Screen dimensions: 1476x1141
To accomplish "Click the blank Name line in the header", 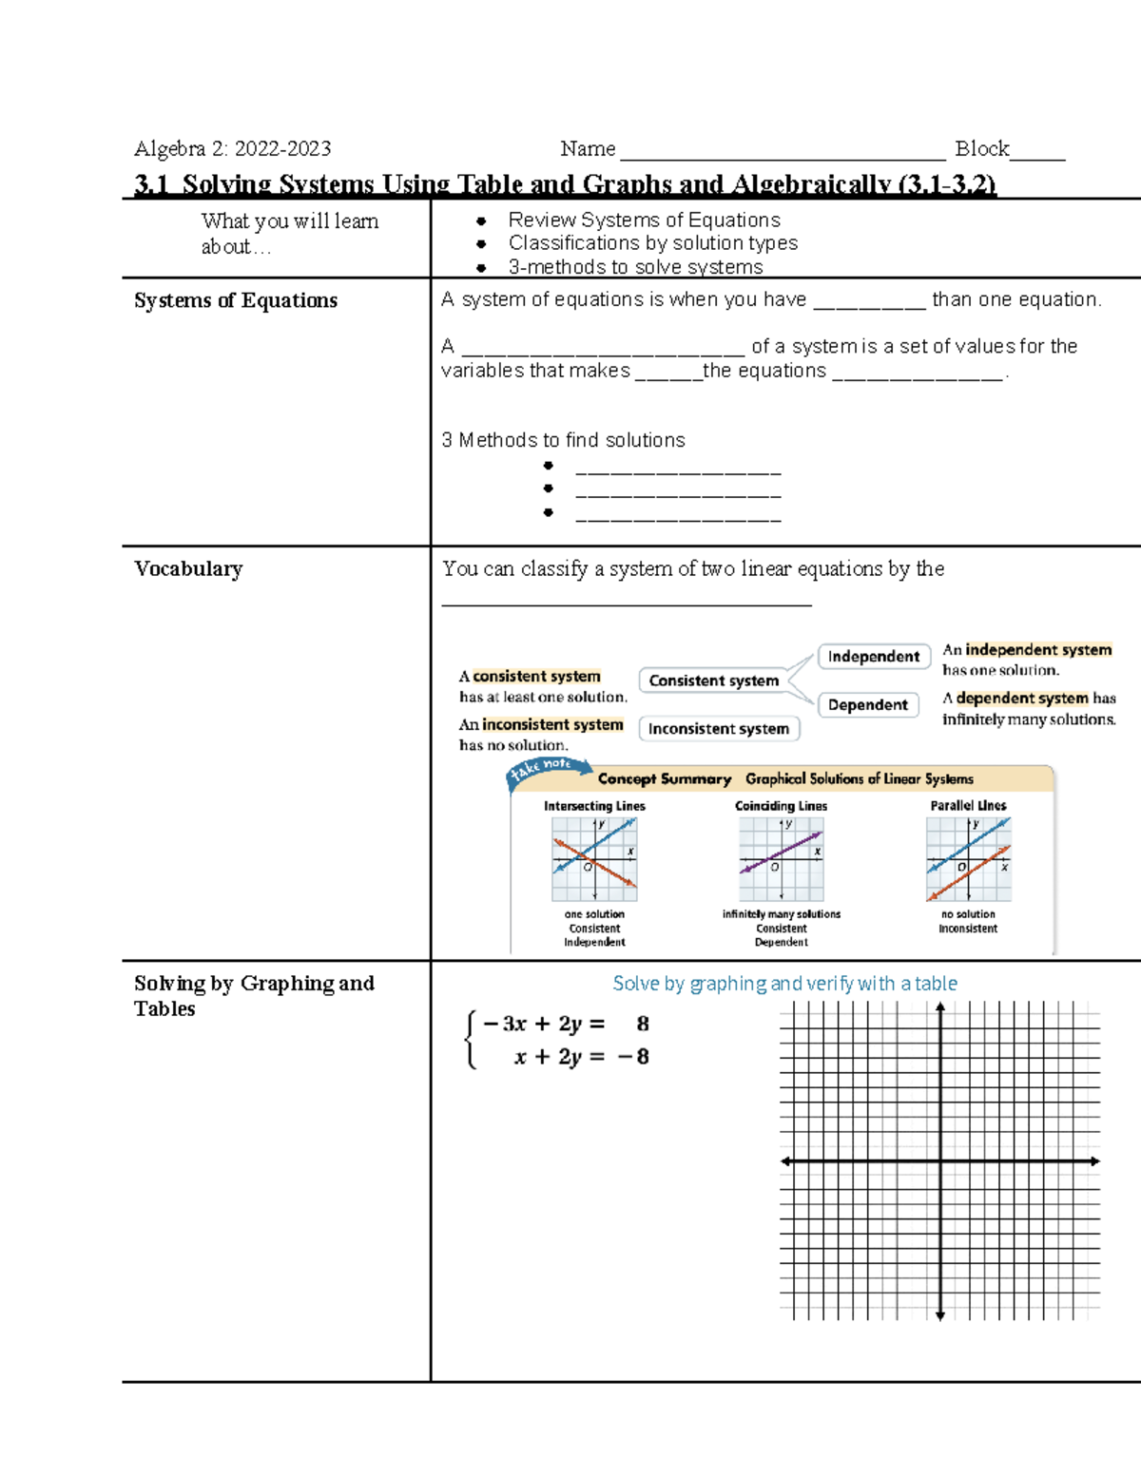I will [x=782, y=152].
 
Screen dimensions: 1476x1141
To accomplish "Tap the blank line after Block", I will [x=1037, y=152].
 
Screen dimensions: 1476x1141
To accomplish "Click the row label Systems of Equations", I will [x=236, y=300].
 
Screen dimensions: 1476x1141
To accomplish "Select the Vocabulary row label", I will [x=188, y=568].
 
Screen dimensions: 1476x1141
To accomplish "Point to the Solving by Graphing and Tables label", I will [x=254, y=995].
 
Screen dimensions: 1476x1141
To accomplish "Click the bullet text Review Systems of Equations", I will [x=644, y=220].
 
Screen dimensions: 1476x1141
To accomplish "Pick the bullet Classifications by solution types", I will [x=652, y=243].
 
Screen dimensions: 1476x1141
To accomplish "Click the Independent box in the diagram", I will [x=873, y=657].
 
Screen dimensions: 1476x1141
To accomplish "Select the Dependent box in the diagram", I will [x=867, y=705].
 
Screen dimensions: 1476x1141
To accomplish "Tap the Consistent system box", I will [x=713, y=680].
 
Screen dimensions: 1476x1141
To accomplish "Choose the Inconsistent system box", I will [x=719, y=729].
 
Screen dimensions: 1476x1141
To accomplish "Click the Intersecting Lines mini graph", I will [x=594, y=859].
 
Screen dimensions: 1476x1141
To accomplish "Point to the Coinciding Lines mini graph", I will [x=782, y=859].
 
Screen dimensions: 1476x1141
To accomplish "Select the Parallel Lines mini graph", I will [x=968, y=859].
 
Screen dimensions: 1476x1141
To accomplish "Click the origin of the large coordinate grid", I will [x=940, y=1161].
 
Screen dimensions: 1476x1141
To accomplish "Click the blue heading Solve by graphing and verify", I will [x=784, y=984].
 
